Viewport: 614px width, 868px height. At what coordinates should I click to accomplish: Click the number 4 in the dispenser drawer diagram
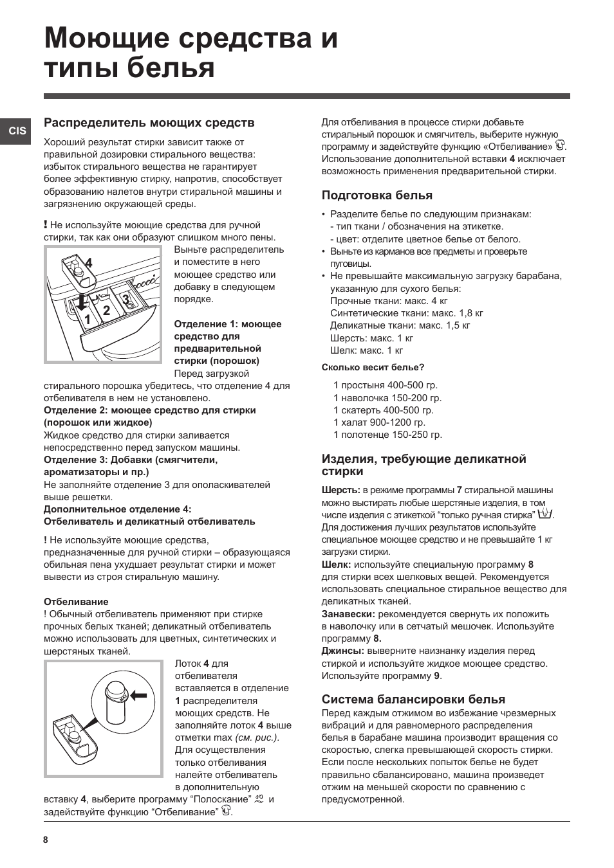pyautogui.click(x=89, y=263)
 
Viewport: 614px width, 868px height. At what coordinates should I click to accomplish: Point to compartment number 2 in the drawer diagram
pyautogui.click(x=106, y=311)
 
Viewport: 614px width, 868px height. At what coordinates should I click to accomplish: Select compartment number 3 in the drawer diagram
pyautogui.click(x=127, y=299)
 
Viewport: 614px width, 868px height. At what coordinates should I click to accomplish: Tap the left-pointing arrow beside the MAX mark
pyautogui.click(x=138, y=696)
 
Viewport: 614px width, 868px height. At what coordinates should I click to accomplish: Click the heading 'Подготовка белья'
pyautogui.click(x=377, y=195)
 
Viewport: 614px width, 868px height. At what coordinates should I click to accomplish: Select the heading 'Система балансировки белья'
pyautogui.click(x=413, y=700)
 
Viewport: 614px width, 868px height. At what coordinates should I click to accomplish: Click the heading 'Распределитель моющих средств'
pyautogui.click(x=149, y=122)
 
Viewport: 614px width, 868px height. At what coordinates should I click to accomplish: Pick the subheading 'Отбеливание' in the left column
pyautogui.click(x=76, y=602)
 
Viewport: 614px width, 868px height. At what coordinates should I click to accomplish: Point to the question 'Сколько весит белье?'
pyautogui.click(x=373, y=368)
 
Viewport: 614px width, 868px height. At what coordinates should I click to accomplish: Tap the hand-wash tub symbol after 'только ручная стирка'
pyautogui.click(x=546, y=514)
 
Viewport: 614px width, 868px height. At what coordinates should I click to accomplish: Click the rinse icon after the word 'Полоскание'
pyautogui.click(x=259, y=799)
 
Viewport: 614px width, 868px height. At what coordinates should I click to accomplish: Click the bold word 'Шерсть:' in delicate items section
pyautogui.click(x=340, y=490)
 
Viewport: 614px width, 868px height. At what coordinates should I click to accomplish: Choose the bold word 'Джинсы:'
pyautogui.click(x=342, y=651)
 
